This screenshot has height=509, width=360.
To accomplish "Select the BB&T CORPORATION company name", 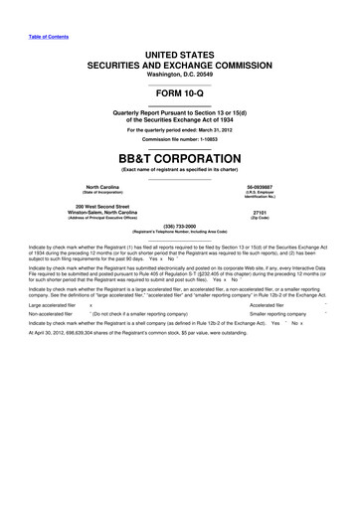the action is pos(180,157).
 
